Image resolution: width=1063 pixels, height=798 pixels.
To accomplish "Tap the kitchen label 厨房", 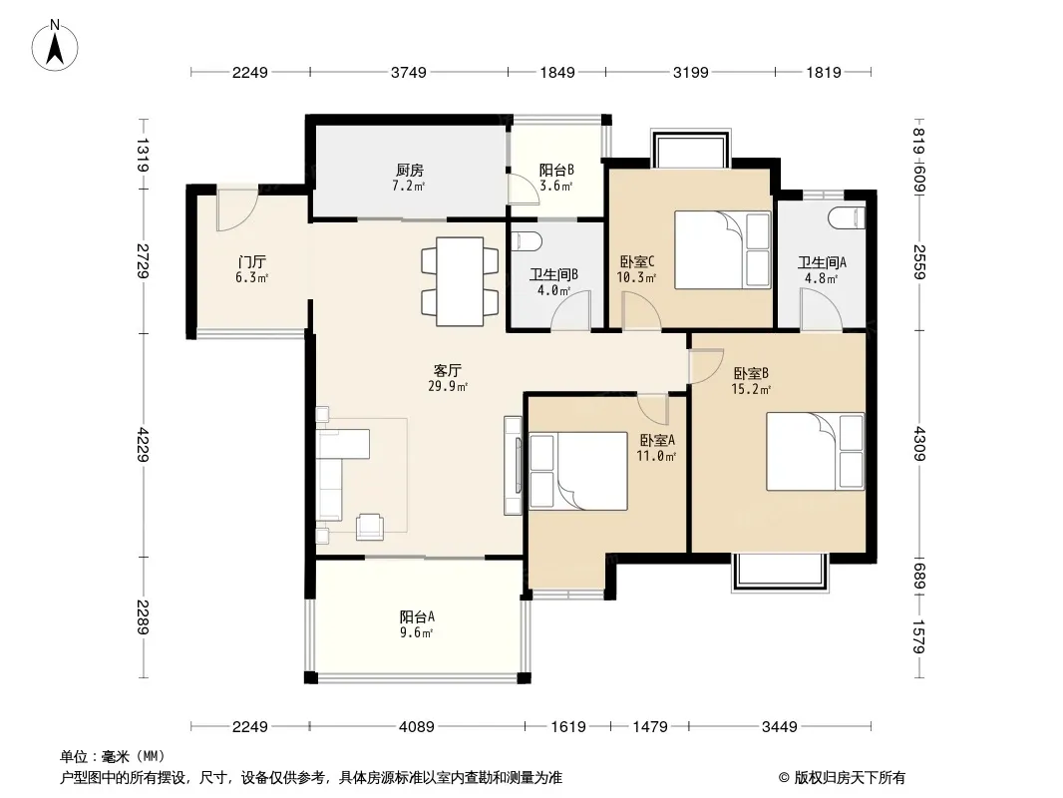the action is pyautogui.click(x=410, y=171).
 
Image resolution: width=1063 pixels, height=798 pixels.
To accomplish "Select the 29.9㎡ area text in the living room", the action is pyautogui.click(x=448, y=386).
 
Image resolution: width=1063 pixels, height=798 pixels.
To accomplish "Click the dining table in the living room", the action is pyautogui.click(x=460, y=281).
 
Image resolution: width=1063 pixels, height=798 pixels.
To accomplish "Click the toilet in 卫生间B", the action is pyautogui.click(x=527, y=241).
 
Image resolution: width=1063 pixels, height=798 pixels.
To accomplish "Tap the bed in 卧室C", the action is pyautogui.click(x=723, y=250).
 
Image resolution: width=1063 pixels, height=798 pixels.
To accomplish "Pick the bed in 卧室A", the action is pyautogui.click(x=578, y=471).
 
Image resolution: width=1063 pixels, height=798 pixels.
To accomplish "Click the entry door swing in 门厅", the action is pyautogui.click(x=237, y=210).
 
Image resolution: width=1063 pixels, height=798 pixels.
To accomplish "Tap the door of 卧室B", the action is pyautogui.click(x=706, y=366).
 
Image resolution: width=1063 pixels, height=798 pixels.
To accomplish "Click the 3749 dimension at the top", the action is pyautogui.click(x=409, y=72).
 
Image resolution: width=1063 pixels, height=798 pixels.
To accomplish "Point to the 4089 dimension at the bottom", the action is pyautogui.click(x=416, y=727).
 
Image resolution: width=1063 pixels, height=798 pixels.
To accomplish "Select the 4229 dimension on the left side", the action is pyautogui.click(x=143, y=444).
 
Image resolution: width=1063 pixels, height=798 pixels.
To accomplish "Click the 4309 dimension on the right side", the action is pyautogui.click(x=919, y=444).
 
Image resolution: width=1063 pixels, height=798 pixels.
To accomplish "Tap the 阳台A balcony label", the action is pyautogui.click(x=416, y=617).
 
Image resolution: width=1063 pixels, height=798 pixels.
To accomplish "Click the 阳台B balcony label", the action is pyautogui.click(x=556, y=171).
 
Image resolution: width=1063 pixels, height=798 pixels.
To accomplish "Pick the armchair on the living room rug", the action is pyautogui.click(x=370, y=527).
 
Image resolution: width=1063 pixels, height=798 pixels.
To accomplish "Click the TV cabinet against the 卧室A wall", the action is pyautogui.click(x=513, y=465).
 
